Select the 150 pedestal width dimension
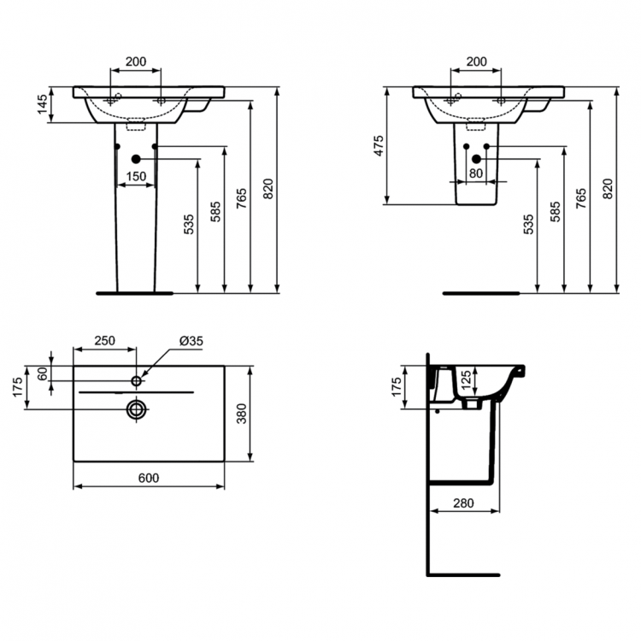click(x=136, y=177)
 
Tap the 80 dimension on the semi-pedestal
click(x=476, y=173)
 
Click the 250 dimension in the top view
click(x=104, y=340)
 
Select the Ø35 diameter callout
click(x=191, y=340)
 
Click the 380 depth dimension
click(x=242, y=415)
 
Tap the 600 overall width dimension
click(x=148, y=478)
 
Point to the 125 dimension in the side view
click(x=465, y=379)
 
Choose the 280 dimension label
click(x=462, y=503)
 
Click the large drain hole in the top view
click(x=136, y=409)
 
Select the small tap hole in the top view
click(x=136, y=379)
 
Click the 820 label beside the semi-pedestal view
click(x=608, y=190)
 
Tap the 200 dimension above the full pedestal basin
click(x=136, y=62)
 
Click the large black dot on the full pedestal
click(x=135, y=158)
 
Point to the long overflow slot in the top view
click(x=136, y=391)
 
